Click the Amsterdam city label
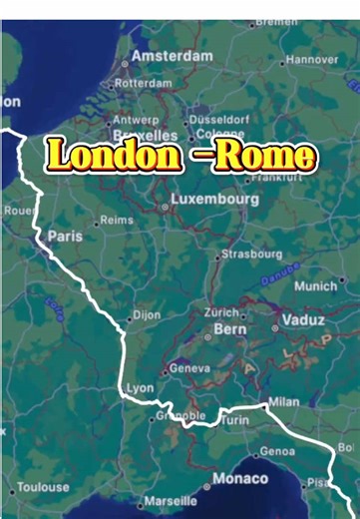(x=172, y=56)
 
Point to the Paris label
(x=65, y=237)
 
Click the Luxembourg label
(x=214, y=200)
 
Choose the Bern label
(x=229, y=328)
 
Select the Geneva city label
(x=189, y=367)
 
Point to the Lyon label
(x=141, y=388)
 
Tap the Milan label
(x=283, y=401)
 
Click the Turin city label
(x=235, y=420)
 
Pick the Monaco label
(x=239, y=479)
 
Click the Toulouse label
(x=43, y=487)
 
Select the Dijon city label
(x=146, y=314)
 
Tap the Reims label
(x=116, y=220)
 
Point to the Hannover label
(x=311, y=60)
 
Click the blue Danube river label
(x=282, y=269)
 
